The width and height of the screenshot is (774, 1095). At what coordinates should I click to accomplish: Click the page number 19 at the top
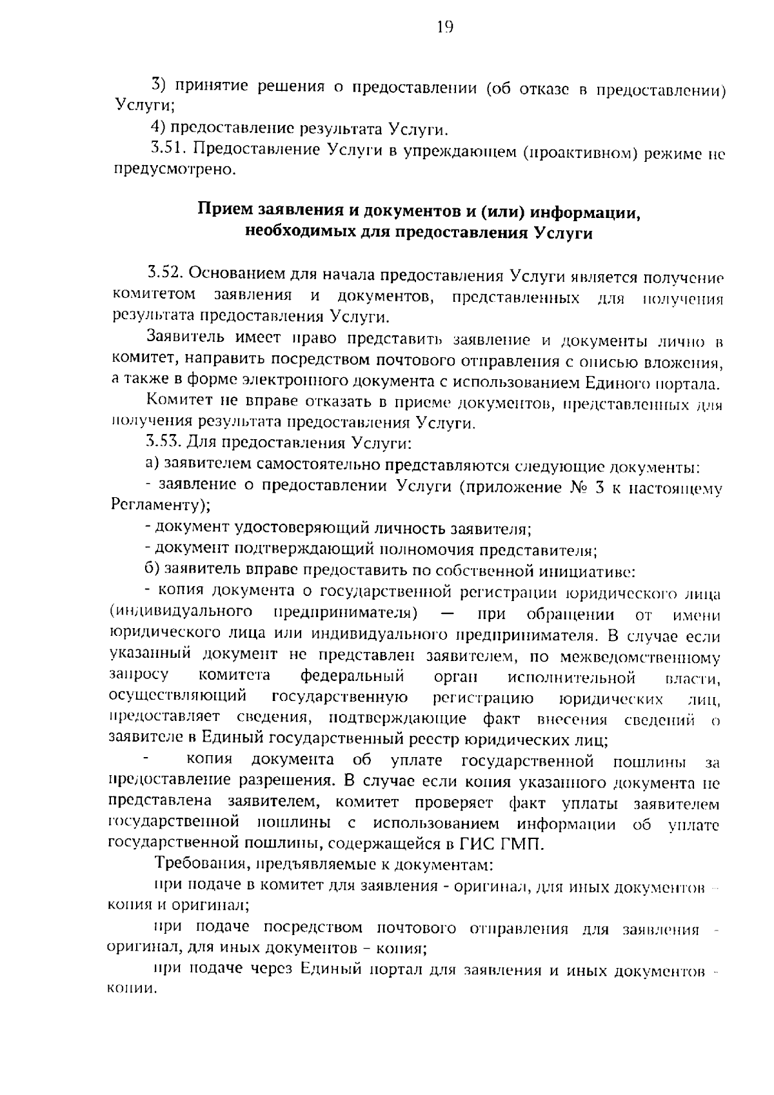[x=445, y=27]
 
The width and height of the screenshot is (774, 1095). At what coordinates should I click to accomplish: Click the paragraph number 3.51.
[x=169, y=150]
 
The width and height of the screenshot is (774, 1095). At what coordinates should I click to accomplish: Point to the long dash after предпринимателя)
[x=450, y=613]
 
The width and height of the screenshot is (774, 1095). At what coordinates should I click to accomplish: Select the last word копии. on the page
[x=133, y=989]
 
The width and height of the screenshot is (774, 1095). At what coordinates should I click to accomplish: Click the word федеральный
[x=352, y=676]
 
